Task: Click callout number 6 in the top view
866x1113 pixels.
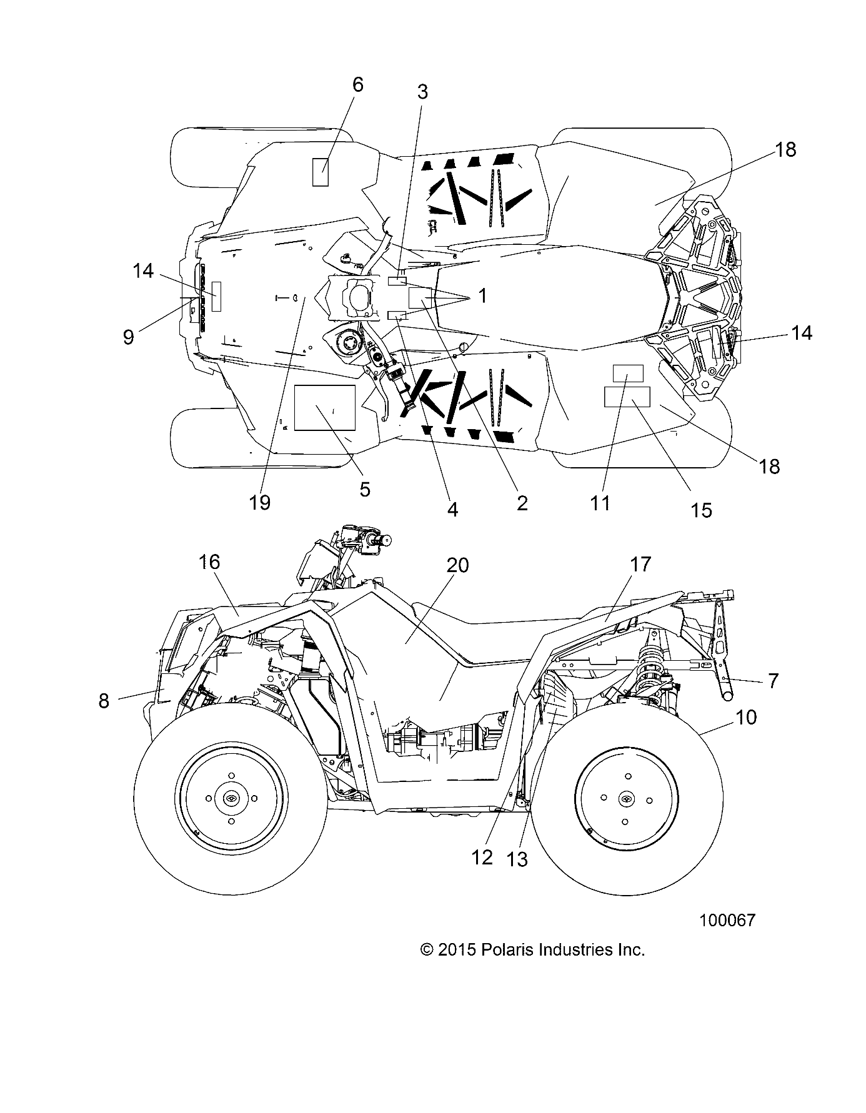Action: pyautogui.click(x=357, y=85)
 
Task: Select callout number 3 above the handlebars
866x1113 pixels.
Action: pyautogui.click(x=422, y=92)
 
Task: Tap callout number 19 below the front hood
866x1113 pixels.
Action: pyautogui.click(x=260, y=502)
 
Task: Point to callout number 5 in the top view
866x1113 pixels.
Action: pyautogui.click(x=365, y=488)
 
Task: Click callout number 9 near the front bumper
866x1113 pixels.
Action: pyautogui.click(x=128, y=337)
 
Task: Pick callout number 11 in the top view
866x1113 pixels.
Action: pyautogui.click(x=600, y=503)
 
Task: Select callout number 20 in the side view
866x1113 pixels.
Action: pyautogui.click(x=458, y=565)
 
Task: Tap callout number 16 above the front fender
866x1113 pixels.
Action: pyautogui.click(x=209, y=562)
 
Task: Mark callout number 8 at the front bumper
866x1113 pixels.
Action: pyautogui.click(x=104, y=701)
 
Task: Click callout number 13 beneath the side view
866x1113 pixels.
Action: pyautogui.click(x=518, y=859)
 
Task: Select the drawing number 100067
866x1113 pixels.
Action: pyautogui.click(x=727, y=920)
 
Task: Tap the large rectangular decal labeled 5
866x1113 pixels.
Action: pyautogui.click(x=324, y=408)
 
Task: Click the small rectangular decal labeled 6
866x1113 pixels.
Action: pyautogui.click(x=321, y=172)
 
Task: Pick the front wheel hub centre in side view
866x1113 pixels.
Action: pyautogui.click(x=231, y=799)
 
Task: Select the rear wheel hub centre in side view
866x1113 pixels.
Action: pyautogui.click(x=625, y=799)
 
